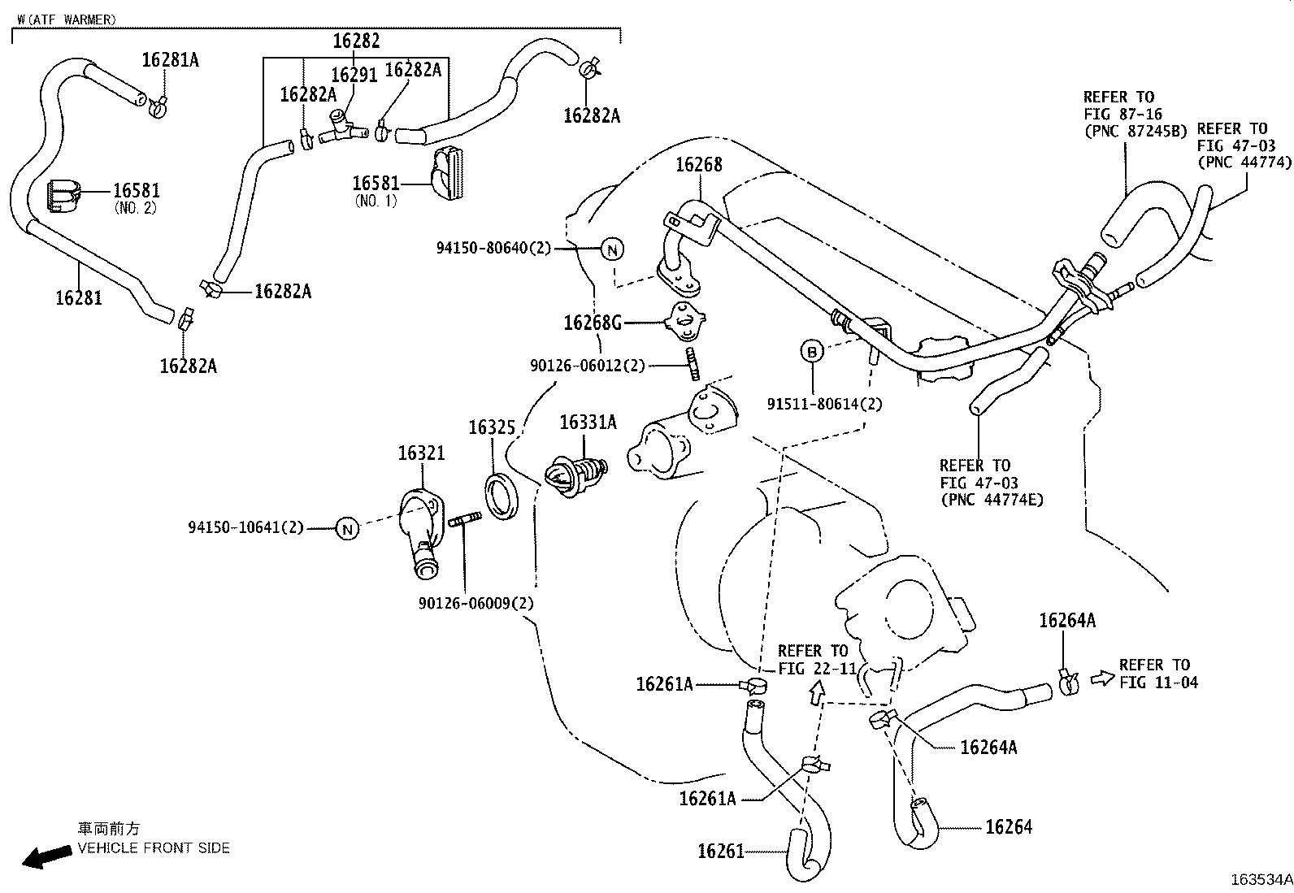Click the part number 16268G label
click(593, 323)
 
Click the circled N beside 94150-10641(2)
click(347, 529)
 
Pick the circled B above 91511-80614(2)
click(811, 352)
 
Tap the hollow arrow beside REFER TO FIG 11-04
click(1102, 677)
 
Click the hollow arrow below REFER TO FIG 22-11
click(817, 691)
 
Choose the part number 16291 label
click(354, 76)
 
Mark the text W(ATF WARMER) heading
click(67, 20)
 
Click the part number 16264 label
click(1008, 827)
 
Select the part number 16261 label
click(721, 851)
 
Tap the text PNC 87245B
click(1136, 131)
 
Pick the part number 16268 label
click(698, 165)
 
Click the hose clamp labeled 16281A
click(158, 103)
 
